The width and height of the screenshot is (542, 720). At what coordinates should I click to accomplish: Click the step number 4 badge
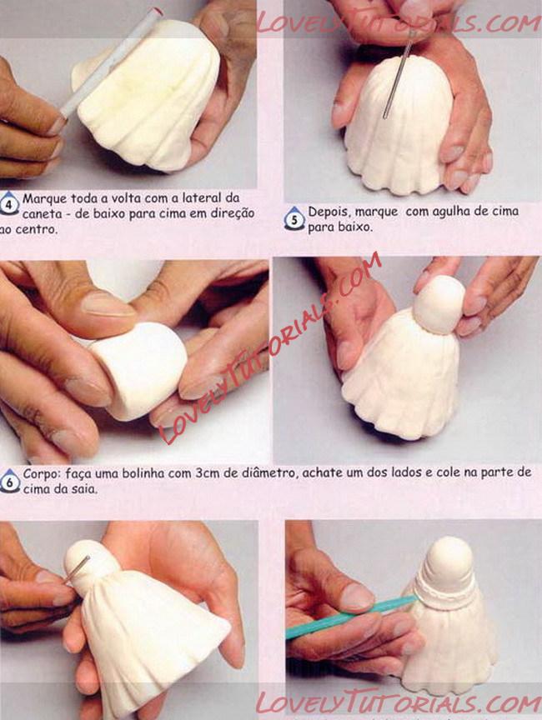9,204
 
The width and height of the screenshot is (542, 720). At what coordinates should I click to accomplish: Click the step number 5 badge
294,219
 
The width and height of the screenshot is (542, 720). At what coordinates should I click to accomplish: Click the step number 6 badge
10,481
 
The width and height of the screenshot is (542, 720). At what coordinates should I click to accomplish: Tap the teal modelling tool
352,616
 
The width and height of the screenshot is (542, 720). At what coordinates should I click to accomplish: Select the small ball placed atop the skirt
439,304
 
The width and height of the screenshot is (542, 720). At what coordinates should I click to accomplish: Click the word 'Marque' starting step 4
44,199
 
